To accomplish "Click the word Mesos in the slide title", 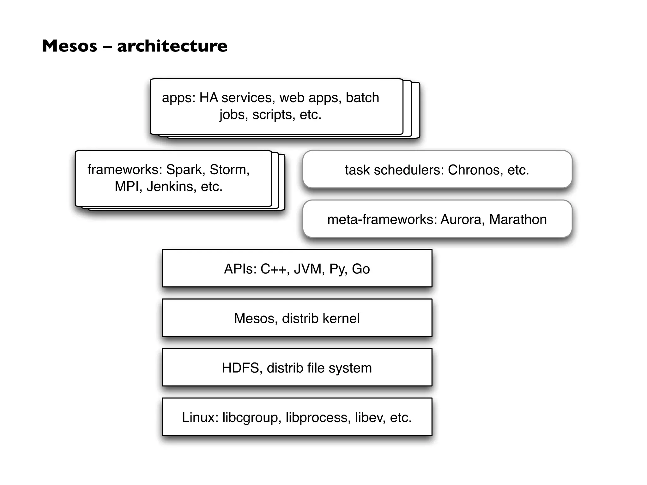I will point(70,46).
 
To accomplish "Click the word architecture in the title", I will point(172,46).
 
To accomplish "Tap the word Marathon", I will point(518,219).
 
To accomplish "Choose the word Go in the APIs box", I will point(361,269).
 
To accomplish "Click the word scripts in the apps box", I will point(274,115).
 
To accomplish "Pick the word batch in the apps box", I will point(362,98).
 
